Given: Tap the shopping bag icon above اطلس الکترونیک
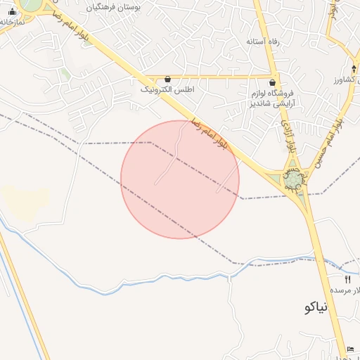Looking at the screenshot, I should pos(167,79).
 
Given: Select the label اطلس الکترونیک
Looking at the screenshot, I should pos(167,90).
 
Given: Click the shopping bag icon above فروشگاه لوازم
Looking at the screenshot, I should pos(272,82).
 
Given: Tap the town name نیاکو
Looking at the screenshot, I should pos(317,307).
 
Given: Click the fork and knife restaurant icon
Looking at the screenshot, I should pos(347,279).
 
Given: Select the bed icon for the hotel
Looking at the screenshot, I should pos(351,349).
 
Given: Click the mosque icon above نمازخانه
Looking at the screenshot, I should pos(12,11).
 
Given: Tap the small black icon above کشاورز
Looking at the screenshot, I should pos(353,67).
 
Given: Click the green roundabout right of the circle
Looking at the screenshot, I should pos(292,181).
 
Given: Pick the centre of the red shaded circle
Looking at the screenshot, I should pos(180,179).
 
